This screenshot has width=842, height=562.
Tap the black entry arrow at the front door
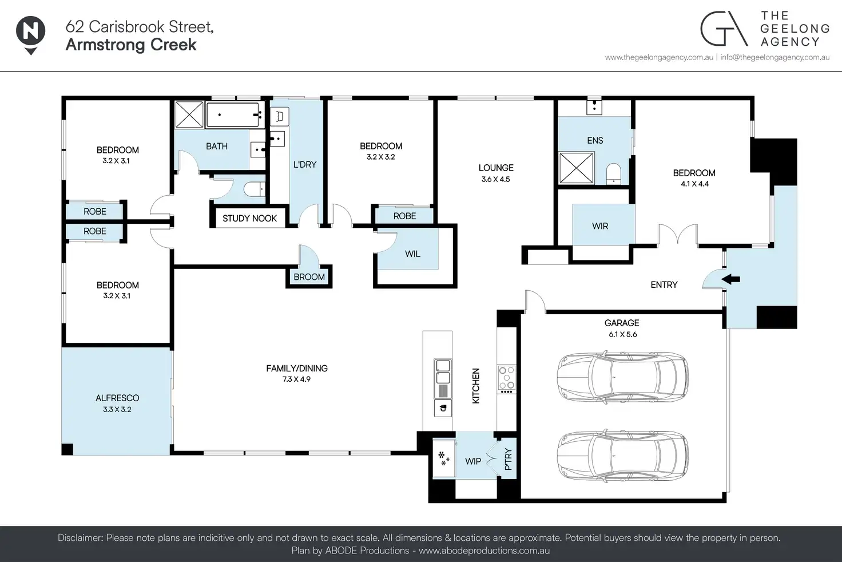[730, 279]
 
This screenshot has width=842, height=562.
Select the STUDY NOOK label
[249, 218]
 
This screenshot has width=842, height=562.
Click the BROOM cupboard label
[309, 277]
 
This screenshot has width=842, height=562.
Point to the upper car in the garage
[622, 377]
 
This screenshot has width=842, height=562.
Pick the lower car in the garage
[622, 456]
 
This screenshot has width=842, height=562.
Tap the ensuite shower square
[576, 168]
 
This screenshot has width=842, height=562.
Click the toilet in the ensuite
[613, 174]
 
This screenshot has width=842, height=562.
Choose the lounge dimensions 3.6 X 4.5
[495, 180]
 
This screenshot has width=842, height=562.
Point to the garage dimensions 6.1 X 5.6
[622, 334]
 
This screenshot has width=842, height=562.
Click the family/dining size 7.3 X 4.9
[296, 379]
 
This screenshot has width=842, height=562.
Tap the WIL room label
[412, 254]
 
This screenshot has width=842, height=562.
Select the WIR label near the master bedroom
[600, 226]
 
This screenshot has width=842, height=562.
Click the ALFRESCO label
[117, 398]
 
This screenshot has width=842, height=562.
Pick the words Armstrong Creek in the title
[131, 45]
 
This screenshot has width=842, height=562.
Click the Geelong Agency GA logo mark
[724, 29]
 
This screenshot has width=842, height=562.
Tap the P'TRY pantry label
[508, 460]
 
